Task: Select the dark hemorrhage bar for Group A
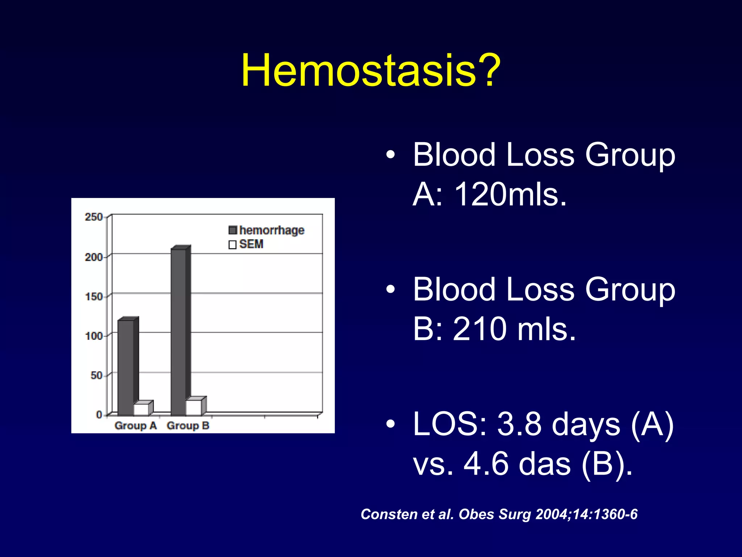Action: [x=126, y=366]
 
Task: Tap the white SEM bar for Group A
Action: [x=141, y=409]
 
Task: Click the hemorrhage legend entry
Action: [x=267, y=230]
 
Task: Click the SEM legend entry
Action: [x=246, y=244]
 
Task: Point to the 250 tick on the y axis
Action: [x=93, y=217]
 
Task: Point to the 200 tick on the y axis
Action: [x=93, y=257]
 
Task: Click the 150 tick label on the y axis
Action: [x=93, y=297]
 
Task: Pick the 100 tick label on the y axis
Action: [x=93, y=336]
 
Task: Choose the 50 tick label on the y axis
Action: [x=96, y=375]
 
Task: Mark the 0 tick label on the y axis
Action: [x=99, y=414]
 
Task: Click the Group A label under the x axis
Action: [x=136, y=426]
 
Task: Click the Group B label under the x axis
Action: [x=188, y=426]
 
